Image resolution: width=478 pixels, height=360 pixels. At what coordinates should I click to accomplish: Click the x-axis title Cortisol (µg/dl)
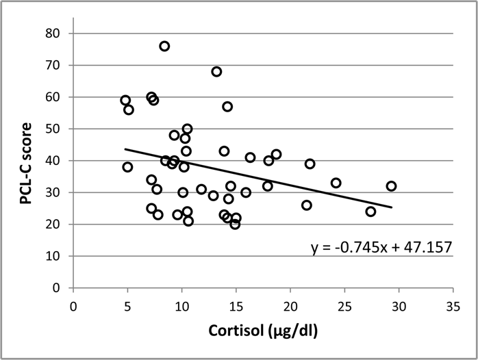tap(263, 331)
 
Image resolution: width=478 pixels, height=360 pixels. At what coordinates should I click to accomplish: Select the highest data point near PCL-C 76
tap(164, 46)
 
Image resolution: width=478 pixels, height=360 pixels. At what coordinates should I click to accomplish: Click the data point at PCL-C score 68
tap(216, 71)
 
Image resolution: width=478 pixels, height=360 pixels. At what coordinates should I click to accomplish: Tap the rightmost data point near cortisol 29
tap(391, 186)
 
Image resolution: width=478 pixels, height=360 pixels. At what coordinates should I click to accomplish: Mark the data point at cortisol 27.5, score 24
tap(370, 211)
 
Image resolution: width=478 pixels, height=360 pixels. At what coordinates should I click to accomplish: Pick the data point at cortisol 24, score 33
tap(336, 183)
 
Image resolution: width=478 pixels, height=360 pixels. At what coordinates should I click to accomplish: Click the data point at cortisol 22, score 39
tap(310, 164)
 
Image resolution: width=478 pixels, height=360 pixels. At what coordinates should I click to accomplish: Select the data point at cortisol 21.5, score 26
tap(306, 205)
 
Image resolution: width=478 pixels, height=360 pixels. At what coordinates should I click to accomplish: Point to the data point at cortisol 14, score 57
tap(227, 106)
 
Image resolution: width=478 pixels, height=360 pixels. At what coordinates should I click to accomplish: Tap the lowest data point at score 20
tap(235, 224)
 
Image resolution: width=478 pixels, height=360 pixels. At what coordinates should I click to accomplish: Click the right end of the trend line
tap(392, 207)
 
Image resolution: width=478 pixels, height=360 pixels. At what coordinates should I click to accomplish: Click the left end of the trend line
tap(125, 149)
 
